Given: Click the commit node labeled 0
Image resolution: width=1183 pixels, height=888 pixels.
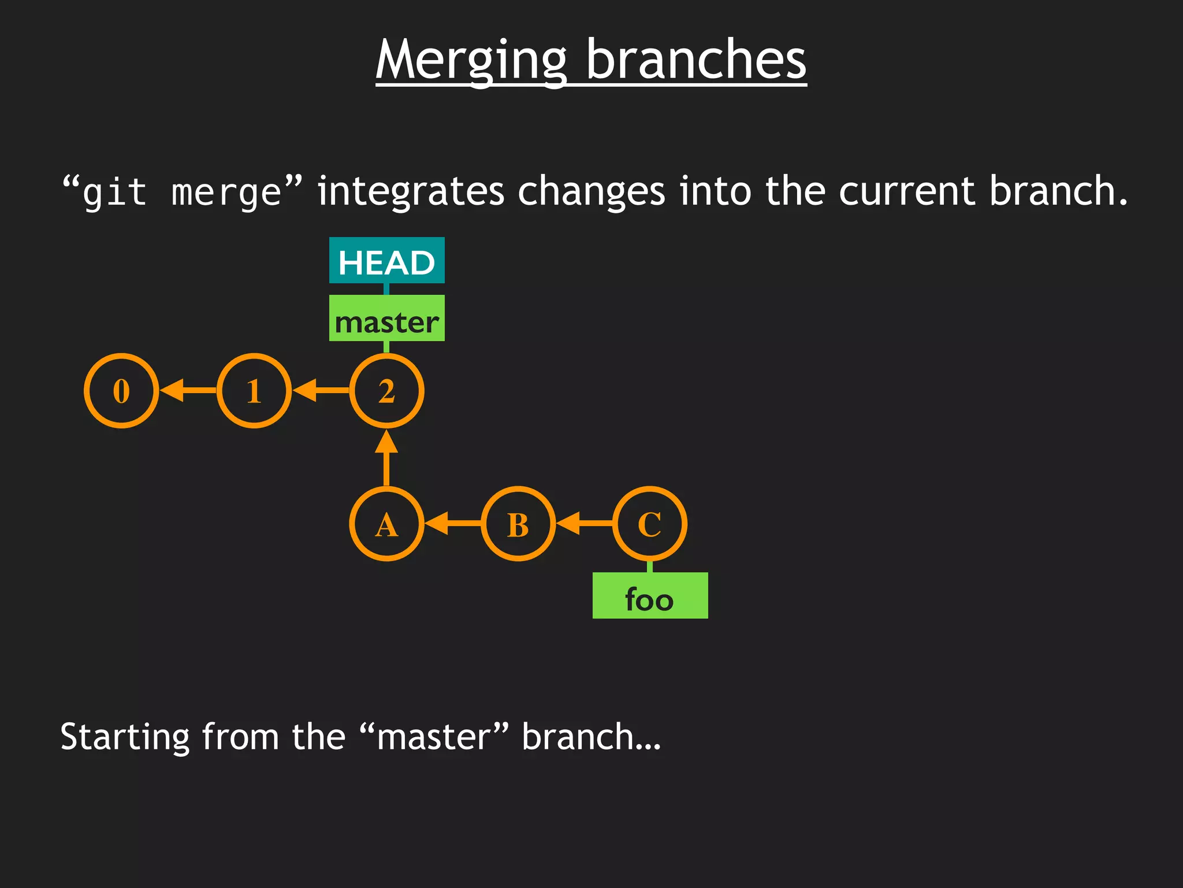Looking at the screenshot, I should (121, 391).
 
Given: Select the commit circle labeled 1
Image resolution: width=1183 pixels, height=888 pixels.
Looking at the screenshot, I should (254, 391).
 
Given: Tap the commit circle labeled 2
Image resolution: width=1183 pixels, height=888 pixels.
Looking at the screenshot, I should (386, 391).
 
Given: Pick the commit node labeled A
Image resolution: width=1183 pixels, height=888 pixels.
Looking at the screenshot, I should (386, 524).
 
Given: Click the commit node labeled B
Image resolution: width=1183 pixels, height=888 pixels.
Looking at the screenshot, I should (518, 524).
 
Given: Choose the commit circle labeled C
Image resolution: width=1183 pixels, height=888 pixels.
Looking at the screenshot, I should (650, 524).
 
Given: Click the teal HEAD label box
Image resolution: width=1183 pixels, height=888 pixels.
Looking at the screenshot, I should (386, 261).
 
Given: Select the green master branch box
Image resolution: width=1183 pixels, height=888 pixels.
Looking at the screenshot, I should (386, 319).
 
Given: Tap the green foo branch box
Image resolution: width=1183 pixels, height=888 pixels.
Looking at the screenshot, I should (650, 596).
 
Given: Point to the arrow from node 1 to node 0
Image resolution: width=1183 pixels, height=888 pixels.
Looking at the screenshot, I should (188, 391).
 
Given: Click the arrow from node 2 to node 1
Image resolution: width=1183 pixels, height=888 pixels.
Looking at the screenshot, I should (321, 391).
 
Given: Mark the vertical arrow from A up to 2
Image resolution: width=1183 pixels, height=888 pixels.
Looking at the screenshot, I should (386, 458).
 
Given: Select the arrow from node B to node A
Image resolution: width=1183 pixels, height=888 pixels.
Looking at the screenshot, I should (452, 524).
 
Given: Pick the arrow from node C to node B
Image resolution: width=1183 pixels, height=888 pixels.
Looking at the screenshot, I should (584, 524).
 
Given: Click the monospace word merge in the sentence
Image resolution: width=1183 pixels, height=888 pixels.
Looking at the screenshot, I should (226, 193).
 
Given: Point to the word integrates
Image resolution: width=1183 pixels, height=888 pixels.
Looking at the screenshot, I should (411, 192).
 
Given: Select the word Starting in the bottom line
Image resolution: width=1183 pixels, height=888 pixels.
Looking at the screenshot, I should (125, 738).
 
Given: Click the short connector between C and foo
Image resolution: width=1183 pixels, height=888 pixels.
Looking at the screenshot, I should (650, 567).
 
